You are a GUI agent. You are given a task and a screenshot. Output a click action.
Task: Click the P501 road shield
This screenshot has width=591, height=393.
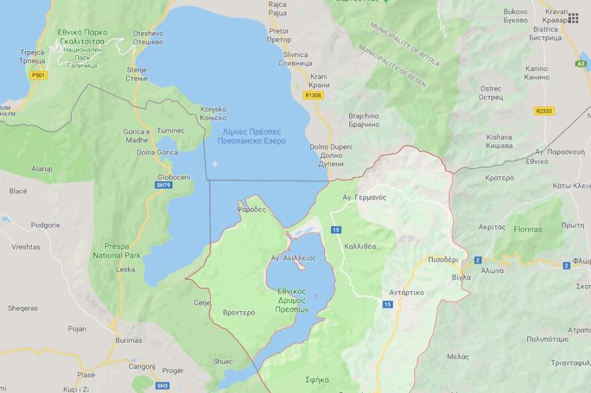tap(39, 75)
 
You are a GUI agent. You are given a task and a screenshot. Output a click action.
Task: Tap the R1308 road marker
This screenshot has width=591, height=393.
tap(313, 95)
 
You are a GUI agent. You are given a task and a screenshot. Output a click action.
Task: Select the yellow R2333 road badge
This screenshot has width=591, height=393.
tap(544, 111)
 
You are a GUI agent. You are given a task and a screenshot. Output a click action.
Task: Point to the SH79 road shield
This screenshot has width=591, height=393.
tap(163, 184)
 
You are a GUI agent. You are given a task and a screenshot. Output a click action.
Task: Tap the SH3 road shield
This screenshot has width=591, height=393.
tap(163, 386)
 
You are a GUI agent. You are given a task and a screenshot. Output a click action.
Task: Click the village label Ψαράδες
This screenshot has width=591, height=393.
tap(251, 209)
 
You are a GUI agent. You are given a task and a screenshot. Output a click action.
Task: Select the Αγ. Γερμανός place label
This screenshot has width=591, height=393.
tap(364, 197)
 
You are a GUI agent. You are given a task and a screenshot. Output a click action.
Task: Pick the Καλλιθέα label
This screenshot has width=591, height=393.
tap(360, 246)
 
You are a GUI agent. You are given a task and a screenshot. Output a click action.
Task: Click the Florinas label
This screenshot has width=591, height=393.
tap(527, 229)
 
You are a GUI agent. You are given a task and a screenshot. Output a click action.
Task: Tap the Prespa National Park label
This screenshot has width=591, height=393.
tap(117, 251)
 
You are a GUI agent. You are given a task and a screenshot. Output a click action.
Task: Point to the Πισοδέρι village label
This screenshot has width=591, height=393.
tap(443, 259)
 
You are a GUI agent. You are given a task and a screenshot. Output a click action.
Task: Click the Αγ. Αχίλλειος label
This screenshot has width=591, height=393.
tap(293, 258)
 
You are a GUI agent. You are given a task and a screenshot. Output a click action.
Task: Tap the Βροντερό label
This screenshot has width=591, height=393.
tap(238, 313)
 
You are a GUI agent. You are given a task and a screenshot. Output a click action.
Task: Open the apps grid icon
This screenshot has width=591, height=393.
tap(573, 18)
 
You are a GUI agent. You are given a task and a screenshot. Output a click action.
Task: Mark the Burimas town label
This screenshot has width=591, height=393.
tap(128, 340)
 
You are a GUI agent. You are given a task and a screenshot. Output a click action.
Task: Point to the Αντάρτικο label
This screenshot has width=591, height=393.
tap(406, 292)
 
